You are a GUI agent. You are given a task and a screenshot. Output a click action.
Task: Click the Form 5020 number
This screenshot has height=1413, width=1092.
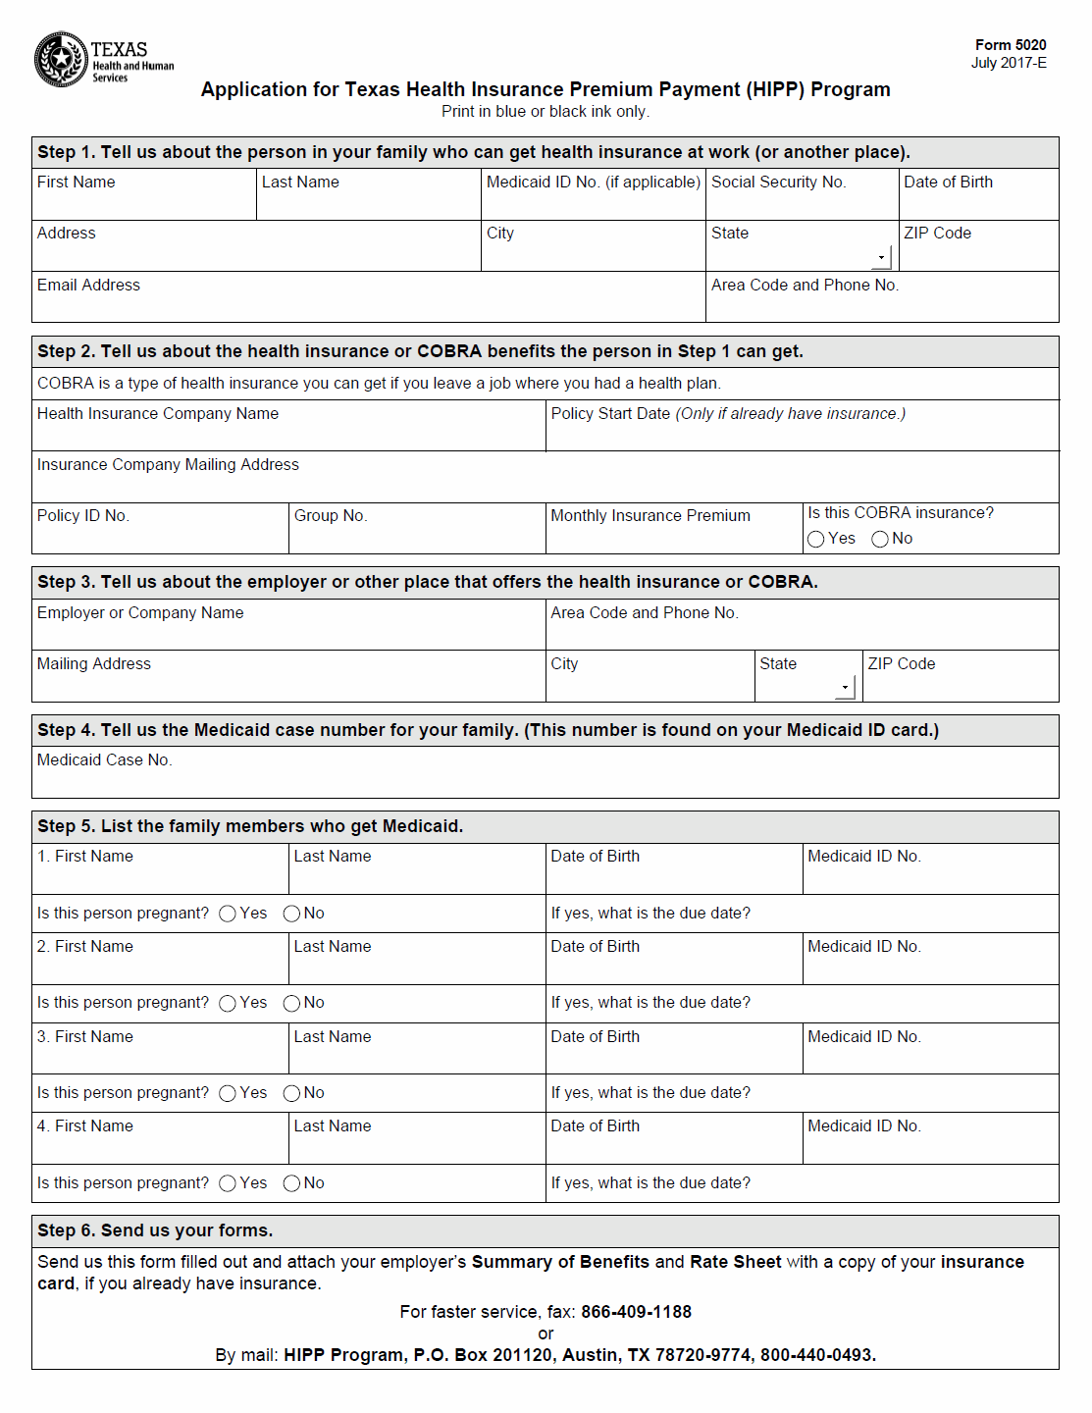[1010, 45]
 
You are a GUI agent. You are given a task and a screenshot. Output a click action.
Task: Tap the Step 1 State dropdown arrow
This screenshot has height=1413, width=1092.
[881, 258]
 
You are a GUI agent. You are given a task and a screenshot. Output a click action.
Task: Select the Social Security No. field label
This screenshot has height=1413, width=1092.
[778, 183]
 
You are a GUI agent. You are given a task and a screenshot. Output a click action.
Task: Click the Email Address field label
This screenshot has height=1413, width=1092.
[88, 286]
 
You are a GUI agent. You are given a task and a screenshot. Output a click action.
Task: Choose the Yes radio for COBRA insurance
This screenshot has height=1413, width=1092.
[815, 540]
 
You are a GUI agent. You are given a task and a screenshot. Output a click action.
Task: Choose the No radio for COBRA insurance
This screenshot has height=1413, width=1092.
[880, 540]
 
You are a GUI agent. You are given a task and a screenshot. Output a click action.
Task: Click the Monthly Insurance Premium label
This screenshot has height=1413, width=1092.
[650, 516]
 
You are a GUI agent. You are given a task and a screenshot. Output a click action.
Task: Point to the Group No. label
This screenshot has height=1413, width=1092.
[331, 516]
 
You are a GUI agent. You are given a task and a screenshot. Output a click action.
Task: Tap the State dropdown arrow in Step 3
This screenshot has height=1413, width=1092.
[845, 688]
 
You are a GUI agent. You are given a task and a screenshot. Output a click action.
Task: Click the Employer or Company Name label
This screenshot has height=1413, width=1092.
[140, 613]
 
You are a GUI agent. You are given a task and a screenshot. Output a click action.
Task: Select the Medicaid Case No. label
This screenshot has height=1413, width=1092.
[104, 760]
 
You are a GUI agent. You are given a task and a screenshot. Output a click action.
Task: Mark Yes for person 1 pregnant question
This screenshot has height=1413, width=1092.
[228, 914]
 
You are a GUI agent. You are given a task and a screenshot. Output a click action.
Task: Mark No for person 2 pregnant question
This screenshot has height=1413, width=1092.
[291, 1004]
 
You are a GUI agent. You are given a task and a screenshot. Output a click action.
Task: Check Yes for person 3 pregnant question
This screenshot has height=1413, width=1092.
[228, 1094]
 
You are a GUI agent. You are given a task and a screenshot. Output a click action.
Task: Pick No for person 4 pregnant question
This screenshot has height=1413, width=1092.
[291, 1184]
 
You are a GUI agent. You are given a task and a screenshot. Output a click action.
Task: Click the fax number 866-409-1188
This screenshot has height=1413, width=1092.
[636, 1313]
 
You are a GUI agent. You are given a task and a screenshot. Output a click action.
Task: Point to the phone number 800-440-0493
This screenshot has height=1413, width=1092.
[817, 1356]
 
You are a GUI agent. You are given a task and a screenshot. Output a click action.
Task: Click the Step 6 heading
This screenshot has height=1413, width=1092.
[155, 1231]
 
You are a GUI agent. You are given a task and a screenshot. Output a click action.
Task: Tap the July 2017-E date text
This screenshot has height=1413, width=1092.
[1009, 64]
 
